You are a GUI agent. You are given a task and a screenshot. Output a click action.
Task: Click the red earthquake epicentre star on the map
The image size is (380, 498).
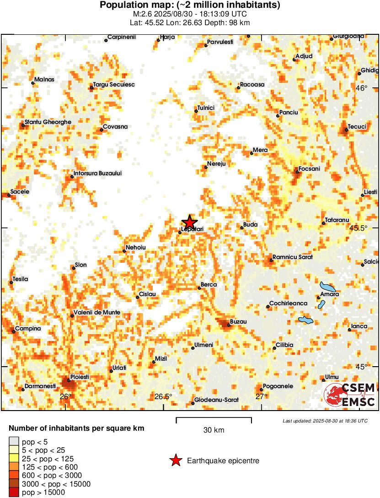(189, 222)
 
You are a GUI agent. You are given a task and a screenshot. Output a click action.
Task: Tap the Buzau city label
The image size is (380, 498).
(238, 322)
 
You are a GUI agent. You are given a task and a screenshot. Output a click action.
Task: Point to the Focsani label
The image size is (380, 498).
(309, 168)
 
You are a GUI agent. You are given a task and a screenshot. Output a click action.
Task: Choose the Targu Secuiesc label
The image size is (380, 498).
(114, 84)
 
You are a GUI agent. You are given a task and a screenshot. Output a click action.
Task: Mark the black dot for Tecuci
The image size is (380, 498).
(347, 130)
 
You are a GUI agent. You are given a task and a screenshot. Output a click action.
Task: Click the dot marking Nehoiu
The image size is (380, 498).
(124, 251)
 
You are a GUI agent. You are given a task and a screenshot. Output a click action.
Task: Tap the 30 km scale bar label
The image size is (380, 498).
(214, 430)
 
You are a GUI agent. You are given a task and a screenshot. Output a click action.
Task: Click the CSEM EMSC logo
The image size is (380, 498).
(349, 395)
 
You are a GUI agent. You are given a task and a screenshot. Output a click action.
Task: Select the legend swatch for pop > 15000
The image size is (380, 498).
(14, 492)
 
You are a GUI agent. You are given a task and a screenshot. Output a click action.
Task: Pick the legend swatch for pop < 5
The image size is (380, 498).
(14, 442)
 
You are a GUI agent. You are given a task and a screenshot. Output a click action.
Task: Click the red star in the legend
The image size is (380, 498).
(175, 460)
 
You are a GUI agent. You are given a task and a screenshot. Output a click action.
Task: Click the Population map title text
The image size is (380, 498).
(190, 5)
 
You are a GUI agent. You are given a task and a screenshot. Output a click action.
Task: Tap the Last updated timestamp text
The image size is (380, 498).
(325, 421)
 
